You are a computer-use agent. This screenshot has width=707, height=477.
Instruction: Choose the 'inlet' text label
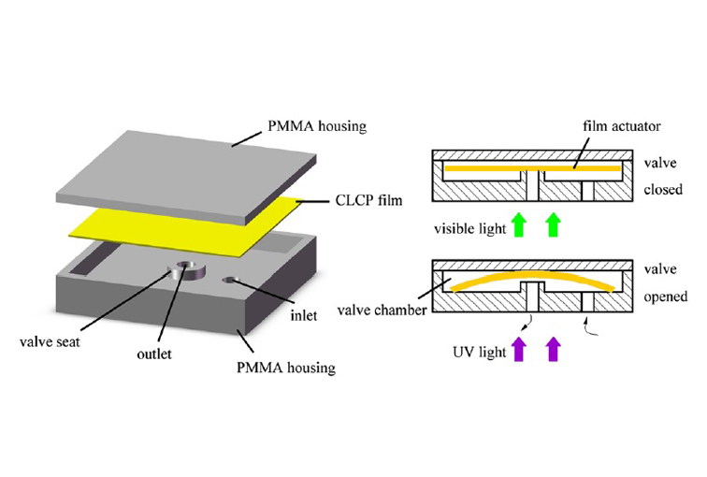click(304, 316)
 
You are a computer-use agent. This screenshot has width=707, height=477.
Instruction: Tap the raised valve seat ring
click(188, 272)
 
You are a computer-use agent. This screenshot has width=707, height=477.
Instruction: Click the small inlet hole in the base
click(228, 280)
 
